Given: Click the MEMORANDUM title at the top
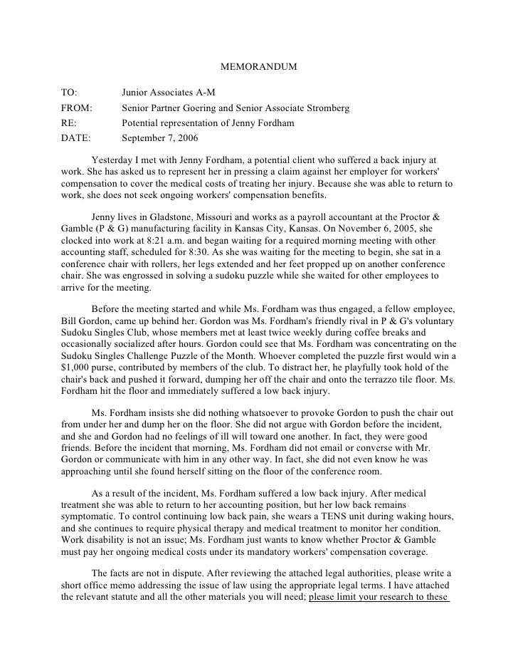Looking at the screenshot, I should [x=258, y=67].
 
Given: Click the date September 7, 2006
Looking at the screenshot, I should [x=160, y=138].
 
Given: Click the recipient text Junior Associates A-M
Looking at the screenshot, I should [x=168, y=93].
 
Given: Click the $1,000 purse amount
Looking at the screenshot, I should [x=73, y=368].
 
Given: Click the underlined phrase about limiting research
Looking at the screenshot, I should [x=378, y=598].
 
